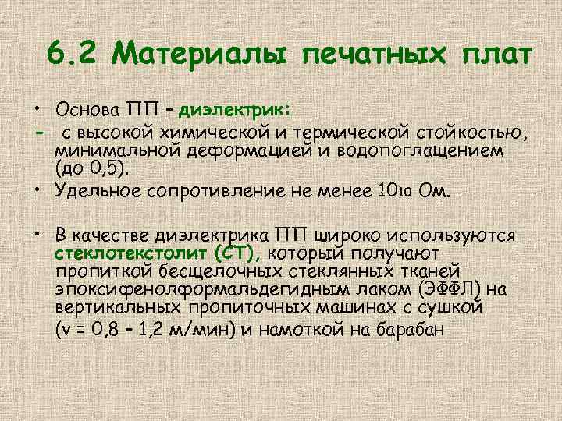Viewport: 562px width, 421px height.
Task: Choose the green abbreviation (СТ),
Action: [x=241, y=253]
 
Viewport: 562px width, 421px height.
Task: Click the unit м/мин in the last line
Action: [x=205, y=329]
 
